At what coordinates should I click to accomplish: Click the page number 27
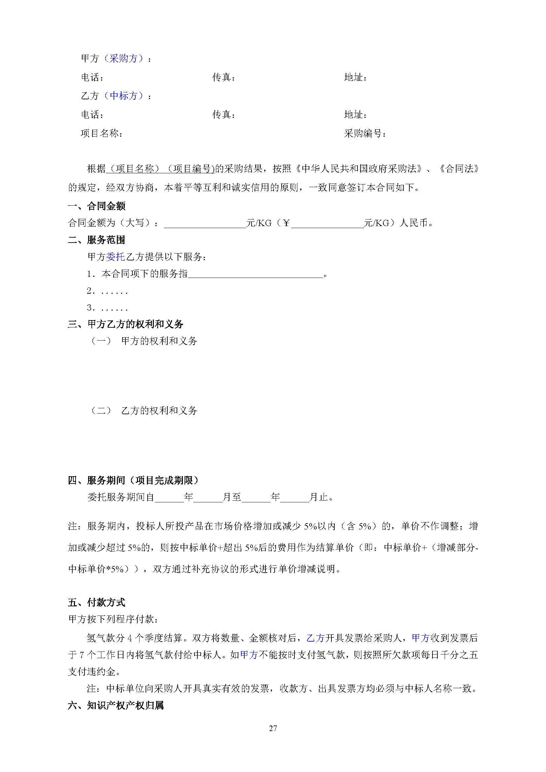point(273,728)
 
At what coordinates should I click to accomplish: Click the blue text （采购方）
point(123,59)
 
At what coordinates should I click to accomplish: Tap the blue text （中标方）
point(123,96)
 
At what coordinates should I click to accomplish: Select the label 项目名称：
point(102,133)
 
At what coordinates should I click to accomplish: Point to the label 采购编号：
point(365,133)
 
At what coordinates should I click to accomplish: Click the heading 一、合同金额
point(97,206)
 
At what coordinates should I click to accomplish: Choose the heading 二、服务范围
point(97,240)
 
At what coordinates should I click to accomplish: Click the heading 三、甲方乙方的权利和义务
point(126,324)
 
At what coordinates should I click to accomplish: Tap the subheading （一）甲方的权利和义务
point(144,341)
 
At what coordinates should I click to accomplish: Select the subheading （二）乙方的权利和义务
point(144,410)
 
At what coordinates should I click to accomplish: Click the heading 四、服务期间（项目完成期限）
point(134,480)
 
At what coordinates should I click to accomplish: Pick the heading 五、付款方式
point(97,602)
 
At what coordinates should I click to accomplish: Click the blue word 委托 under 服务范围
point(116,257)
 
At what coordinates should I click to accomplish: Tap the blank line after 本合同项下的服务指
point(256,274)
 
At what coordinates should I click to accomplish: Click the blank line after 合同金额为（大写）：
point(205,223)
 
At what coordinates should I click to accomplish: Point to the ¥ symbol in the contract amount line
point(286,223)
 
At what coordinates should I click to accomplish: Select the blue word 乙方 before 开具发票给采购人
point(315,638)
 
